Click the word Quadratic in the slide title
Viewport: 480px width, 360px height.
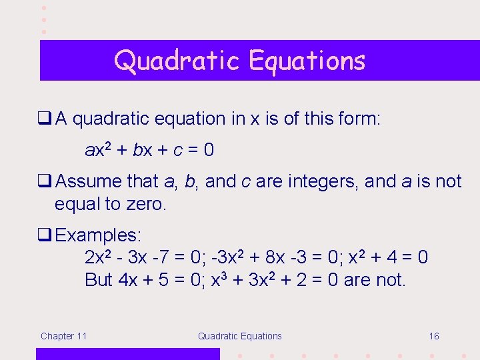pyautogui.click(x=177, y=61)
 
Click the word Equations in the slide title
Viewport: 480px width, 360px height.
pyautogui.click(x=307, y=61)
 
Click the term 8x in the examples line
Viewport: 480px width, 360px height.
pyautogui.click(x=301, y=257)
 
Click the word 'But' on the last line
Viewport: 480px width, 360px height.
pyautogui.click(x=99, y=280)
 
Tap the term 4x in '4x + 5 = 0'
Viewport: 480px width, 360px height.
pyautogui.click(x=127, y=280)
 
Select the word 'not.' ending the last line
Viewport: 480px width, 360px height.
pyautogui.click(x=390, y=280)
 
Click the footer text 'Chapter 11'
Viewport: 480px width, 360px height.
pyautogui.click(x=63, y=336)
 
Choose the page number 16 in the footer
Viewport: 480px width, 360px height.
pyautogui.click(x=434, y=336)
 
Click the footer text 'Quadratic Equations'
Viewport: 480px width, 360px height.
pyautogui.click(x=239, y=336)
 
